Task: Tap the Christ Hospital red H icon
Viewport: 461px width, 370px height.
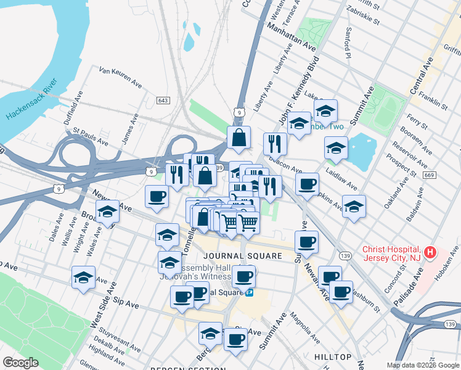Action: point(431,253)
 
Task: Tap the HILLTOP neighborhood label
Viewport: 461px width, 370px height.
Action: point(332,357)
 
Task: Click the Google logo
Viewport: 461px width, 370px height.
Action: point(21,363)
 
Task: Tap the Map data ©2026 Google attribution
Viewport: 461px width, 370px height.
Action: point(423,365)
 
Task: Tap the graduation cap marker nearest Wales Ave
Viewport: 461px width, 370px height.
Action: point(107,212)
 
